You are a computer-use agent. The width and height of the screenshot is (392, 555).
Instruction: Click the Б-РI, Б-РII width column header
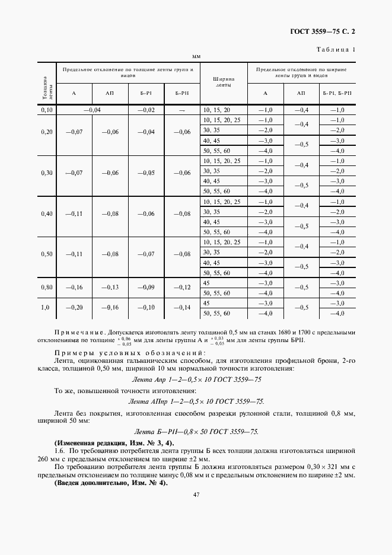(x=337, y=93)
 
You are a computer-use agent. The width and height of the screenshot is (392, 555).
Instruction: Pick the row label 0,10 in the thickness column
(x=47, y=110)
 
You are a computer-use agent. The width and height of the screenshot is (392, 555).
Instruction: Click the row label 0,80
(x=47, y=288)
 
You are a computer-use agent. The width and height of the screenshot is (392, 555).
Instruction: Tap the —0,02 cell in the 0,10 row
(x=146, y=110)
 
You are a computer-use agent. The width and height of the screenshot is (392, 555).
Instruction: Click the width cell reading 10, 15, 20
(x=216, y=110)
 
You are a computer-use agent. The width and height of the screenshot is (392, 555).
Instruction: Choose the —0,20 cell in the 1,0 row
(x=74, y=308)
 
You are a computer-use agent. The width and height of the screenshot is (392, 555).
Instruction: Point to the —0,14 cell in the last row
(x=182, y=308)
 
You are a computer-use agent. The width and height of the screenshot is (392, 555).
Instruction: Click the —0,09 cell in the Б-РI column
(x=146, y=288)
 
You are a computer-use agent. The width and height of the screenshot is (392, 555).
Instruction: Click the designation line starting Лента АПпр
(x=196, y=401)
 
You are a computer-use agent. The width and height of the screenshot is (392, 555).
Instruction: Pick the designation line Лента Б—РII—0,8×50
(x=196, y=432)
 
